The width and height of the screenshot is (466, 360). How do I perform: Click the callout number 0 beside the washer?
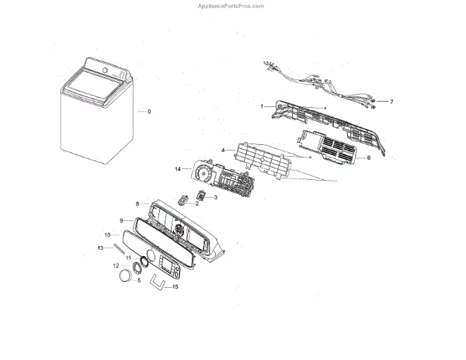pos(149,112)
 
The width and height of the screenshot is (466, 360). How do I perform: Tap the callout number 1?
pos(262,106)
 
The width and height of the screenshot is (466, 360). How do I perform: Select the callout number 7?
pos(391,102)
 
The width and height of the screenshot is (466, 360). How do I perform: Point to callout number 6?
pos(368,157)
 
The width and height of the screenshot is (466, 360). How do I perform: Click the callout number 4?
pos(223,150)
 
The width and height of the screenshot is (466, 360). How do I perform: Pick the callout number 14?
pos(178,168)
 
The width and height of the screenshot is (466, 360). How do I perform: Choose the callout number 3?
pos(215,198)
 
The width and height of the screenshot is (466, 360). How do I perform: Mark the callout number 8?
pos(137,204)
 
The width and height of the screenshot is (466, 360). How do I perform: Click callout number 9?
pos(121,220)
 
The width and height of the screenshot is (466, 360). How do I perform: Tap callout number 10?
pos(108,234)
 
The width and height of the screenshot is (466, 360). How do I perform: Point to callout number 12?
pos(116,265)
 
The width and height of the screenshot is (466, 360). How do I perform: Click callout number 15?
pos(175,286)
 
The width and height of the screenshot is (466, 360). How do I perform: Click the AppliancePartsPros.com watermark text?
pos(232,5)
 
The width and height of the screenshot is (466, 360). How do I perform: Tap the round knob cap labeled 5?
pos(125,278)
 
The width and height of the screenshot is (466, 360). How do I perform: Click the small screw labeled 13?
pos(120,247)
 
